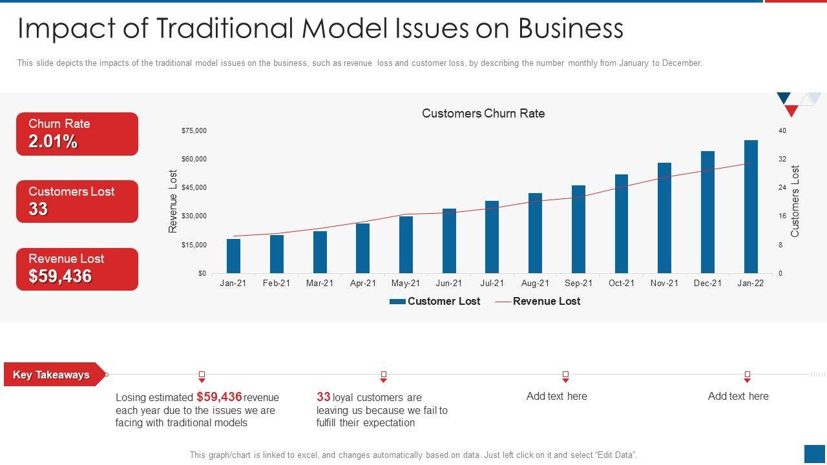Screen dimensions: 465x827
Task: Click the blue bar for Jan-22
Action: (751, 207)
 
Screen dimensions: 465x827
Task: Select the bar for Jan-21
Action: (233, 256)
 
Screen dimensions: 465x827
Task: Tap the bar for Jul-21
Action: (492, 237)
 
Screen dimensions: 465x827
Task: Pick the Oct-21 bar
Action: (622, 223)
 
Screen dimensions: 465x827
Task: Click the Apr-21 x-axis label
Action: (363, 284)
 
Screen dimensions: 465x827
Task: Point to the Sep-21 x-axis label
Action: (578, 284)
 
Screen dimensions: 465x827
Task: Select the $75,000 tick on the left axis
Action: (194, 131)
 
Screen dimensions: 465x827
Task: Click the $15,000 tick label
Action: (194, 245)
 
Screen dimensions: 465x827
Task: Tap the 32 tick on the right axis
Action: (782, 160)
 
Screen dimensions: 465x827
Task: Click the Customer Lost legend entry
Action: (435, 302)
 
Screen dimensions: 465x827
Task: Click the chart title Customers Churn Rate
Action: (483, 114)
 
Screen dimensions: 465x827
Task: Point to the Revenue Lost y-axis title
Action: (173, 201)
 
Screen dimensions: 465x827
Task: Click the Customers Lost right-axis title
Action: (795, 201)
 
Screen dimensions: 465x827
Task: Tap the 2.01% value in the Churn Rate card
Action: (53, 142)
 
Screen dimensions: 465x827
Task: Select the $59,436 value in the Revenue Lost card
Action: (60, 276)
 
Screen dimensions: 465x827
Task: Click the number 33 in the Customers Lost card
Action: (38, 209)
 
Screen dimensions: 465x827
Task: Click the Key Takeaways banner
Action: (52, 375)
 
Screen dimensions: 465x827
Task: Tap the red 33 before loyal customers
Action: (323, 397)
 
